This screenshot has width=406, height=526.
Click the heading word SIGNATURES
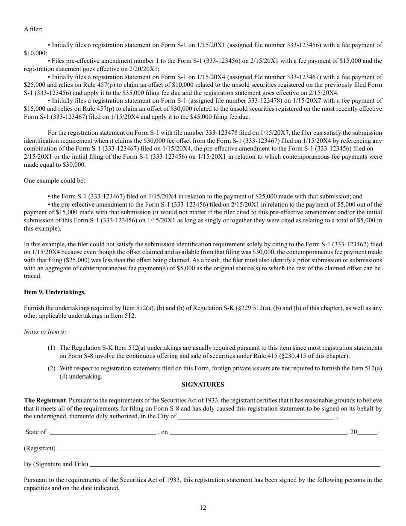203,384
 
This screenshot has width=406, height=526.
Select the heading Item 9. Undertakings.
55,293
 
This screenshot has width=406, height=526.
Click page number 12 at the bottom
203,508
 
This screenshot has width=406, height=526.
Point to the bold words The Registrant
45,401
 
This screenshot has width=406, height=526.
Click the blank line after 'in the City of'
255,417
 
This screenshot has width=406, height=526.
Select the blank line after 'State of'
103,433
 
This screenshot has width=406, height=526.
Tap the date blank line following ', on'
258,433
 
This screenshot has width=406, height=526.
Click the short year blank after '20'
367,433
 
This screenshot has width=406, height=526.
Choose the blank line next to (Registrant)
219,449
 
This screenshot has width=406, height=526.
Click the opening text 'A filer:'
33,29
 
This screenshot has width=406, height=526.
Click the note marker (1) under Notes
52,348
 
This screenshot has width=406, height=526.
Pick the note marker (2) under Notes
52,368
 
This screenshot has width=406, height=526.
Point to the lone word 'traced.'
33,276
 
